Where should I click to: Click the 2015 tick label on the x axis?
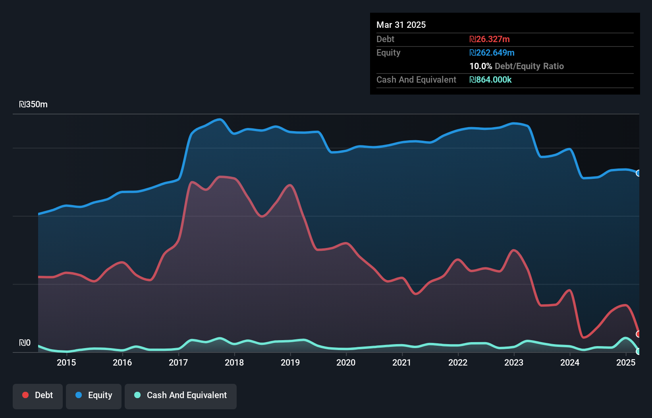coord(66,362)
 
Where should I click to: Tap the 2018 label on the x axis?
coord(234,362)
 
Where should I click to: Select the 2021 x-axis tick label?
coord(402,362)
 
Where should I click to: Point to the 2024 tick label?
coord(570,362)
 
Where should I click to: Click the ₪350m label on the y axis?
coord(33,104)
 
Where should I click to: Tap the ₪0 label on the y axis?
coord(25,343)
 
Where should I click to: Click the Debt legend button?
coord(38,395)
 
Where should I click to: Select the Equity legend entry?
coord(94,395)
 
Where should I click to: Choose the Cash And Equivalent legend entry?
coord(181,395)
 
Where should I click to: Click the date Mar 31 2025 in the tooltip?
coord(401,25)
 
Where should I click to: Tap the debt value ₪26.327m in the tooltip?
coord(490,39)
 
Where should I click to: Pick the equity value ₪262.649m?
coord(492,52)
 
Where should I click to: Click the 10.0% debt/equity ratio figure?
coord(481,66)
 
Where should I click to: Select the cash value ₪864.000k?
coord(490,79)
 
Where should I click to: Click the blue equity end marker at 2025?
coord(638,173)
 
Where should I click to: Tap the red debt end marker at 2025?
coord(638,334)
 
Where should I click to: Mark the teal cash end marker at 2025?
coord(638,351)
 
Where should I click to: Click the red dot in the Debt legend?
coord(25,395)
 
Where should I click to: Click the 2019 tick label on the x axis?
coord(290,362)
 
